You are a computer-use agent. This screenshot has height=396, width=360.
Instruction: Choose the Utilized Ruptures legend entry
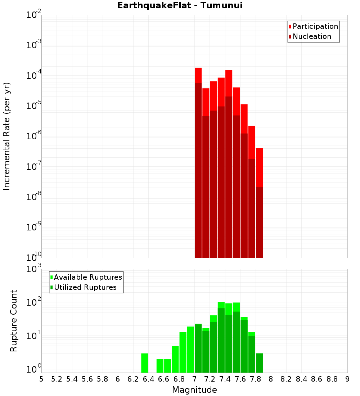tap(85, 287)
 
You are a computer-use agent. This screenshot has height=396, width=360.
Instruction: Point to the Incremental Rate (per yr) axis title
tap(7, 136)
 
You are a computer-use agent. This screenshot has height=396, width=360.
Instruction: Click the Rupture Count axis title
tap(14, 321)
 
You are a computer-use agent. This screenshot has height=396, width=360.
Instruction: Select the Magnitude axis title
tap(194, 390)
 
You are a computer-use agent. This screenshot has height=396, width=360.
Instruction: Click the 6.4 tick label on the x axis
tap(148, 379)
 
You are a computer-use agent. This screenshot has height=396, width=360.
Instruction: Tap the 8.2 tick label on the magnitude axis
tap(286, 379)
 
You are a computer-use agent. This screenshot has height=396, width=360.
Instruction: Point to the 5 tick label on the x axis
tap(41, 379)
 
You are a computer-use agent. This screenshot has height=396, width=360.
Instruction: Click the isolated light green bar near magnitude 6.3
tap(145, 363)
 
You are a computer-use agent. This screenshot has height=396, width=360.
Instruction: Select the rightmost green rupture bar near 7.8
tap(259, 363)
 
